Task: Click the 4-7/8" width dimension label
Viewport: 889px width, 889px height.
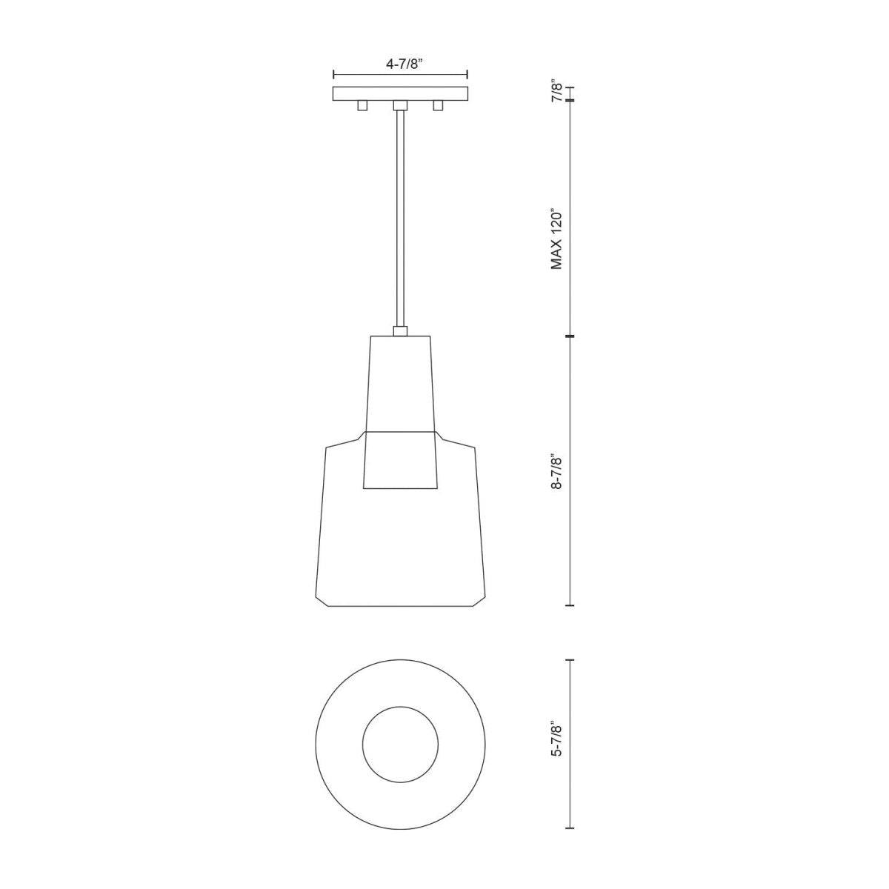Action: coord(403,64)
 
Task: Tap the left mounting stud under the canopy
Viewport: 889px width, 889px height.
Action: coord(362,106)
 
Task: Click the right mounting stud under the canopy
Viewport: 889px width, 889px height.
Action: coord(438,106)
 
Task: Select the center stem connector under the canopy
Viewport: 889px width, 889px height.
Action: coord(400,105)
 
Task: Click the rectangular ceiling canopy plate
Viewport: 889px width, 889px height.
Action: coord(400,93)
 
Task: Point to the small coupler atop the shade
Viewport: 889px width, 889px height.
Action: coord(400,331)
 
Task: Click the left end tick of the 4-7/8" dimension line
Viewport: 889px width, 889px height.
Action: coord(334,74)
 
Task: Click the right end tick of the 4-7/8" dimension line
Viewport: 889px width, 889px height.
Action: coord(467,74)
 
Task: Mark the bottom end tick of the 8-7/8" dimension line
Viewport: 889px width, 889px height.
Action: coord(570,605)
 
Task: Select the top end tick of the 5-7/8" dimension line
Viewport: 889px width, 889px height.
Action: coord(570,659)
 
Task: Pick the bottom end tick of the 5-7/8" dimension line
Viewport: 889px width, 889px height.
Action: coord(570,828)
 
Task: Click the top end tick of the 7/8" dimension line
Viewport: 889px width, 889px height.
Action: coord(570,87)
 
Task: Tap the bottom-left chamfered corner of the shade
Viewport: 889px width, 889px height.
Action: coord(322,600)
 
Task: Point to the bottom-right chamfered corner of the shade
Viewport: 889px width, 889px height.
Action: coord(479,600)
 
